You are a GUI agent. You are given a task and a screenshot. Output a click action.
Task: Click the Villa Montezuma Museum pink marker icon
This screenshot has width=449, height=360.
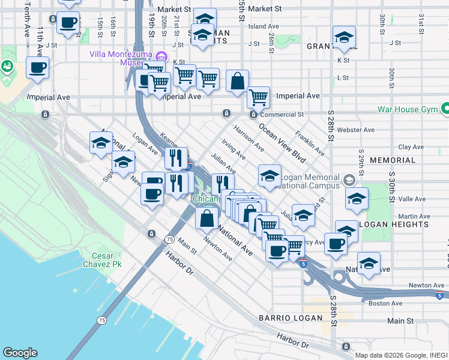tap(161, 57)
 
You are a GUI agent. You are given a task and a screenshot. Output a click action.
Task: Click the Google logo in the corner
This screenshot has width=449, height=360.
tap(20, 353)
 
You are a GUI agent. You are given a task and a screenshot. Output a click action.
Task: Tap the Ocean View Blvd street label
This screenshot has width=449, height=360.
tap(282, 143)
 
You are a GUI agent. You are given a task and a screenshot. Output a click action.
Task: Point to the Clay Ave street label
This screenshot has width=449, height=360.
tap(411, 146)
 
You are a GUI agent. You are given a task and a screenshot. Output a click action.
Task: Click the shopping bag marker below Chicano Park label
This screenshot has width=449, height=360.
tap(206, 220)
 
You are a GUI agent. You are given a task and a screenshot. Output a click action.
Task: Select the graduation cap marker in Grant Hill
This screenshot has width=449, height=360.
tap(344, 38)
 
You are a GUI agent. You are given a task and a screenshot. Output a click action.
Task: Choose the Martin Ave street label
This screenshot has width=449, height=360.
tap(411, 216)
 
